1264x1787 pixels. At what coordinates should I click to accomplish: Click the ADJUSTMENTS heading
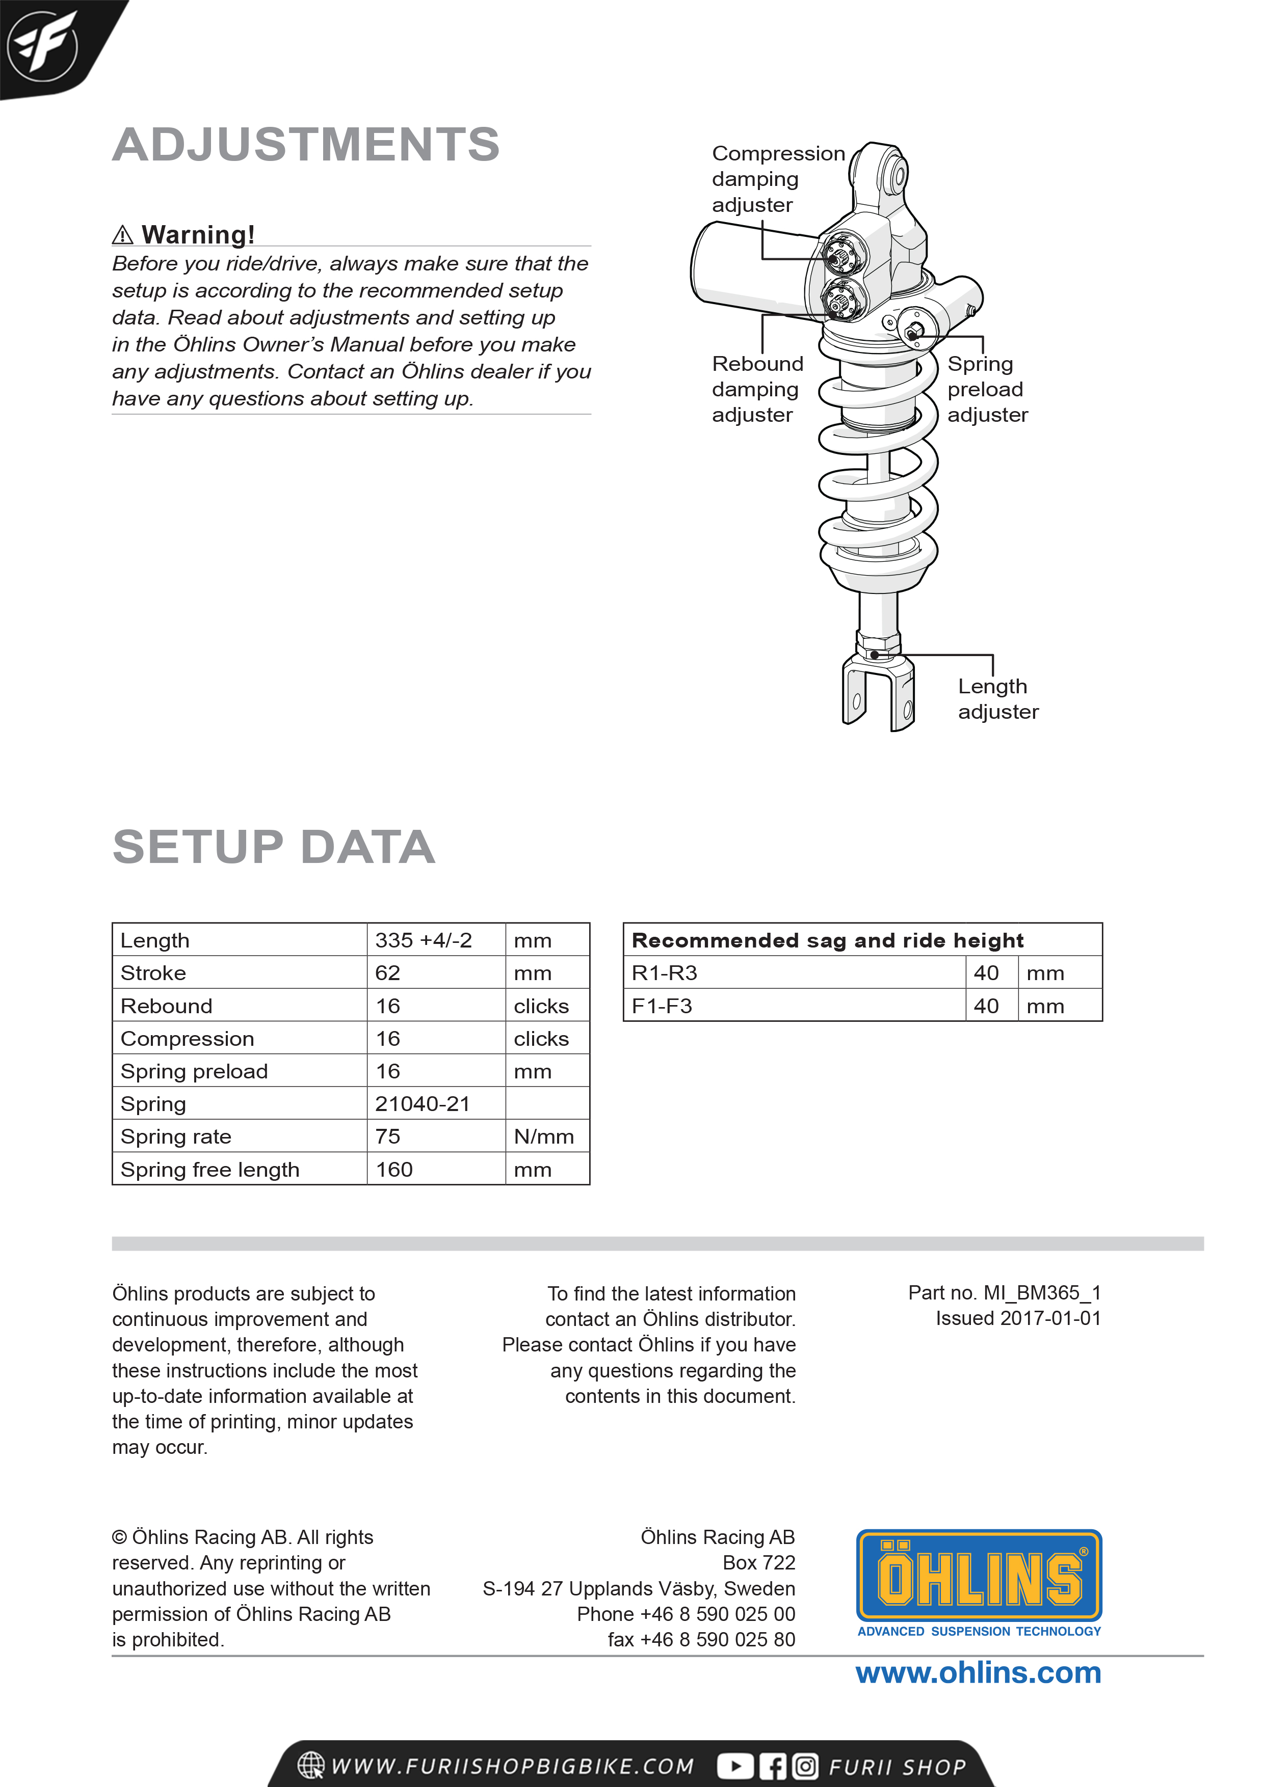click(x=305, y=145)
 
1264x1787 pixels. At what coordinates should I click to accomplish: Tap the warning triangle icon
click(x=122, y=234)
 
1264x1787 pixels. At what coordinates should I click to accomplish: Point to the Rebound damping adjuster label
click(x=756, y=389)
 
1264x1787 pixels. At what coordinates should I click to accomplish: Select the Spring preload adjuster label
click(x=987, y=389)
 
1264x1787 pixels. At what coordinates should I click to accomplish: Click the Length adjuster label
click(x=997, y=699)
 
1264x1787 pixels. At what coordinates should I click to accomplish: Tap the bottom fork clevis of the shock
click(x=879, y=693)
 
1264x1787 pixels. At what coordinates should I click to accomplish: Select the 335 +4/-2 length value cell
click(x=424, y=940)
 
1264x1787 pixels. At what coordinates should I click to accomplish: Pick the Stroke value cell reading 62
click(x=388, y=973)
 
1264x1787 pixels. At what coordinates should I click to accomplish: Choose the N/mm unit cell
click(x=544, y=1136)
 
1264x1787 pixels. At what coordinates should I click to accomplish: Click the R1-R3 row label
click(x=664, y=973)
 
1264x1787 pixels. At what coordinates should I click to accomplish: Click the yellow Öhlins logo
click(x=979, y=1575)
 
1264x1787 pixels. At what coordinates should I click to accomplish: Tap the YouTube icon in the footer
click(x=734, y=1766)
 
